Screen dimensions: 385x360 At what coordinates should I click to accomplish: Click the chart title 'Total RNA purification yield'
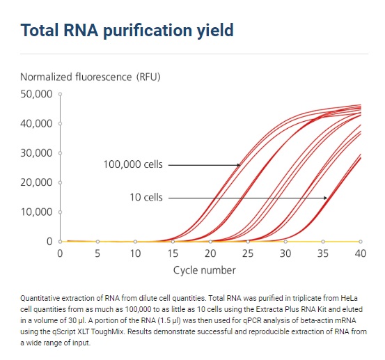tap(127, 31)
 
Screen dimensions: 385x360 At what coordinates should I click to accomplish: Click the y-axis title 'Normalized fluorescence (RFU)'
tap(91, 77)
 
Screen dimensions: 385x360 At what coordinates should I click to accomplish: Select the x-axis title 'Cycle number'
tap(204, 271)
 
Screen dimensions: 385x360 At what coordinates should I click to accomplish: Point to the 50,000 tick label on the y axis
tap(36, 94)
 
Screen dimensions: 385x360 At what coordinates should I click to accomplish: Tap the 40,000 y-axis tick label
tap(36, 123)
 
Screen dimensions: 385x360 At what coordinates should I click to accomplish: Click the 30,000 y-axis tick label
tap(36, 153)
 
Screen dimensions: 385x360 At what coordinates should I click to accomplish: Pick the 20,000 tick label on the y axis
tap(36, 182)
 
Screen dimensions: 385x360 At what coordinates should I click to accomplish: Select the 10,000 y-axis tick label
tap(36, 212)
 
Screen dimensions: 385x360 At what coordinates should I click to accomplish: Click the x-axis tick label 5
tap(97, 253)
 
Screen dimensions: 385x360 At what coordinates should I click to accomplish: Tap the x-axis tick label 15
tap(173, 253)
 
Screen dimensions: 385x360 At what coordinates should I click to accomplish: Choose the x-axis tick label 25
tap(248, 253)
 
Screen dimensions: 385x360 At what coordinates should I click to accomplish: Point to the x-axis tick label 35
tap(323, 253)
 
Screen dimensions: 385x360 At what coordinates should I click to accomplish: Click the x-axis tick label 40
tap(361, 253)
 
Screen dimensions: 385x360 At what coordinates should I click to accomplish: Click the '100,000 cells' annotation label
tap(133, 164)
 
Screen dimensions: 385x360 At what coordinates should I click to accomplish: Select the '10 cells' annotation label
tap(146, 198)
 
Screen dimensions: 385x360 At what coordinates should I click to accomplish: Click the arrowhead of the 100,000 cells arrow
tap(239, 165)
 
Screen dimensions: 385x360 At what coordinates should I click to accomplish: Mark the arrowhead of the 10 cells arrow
tap(325, 198)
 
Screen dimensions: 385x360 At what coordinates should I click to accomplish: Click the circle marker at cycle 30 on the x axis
tap(285, 242)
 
